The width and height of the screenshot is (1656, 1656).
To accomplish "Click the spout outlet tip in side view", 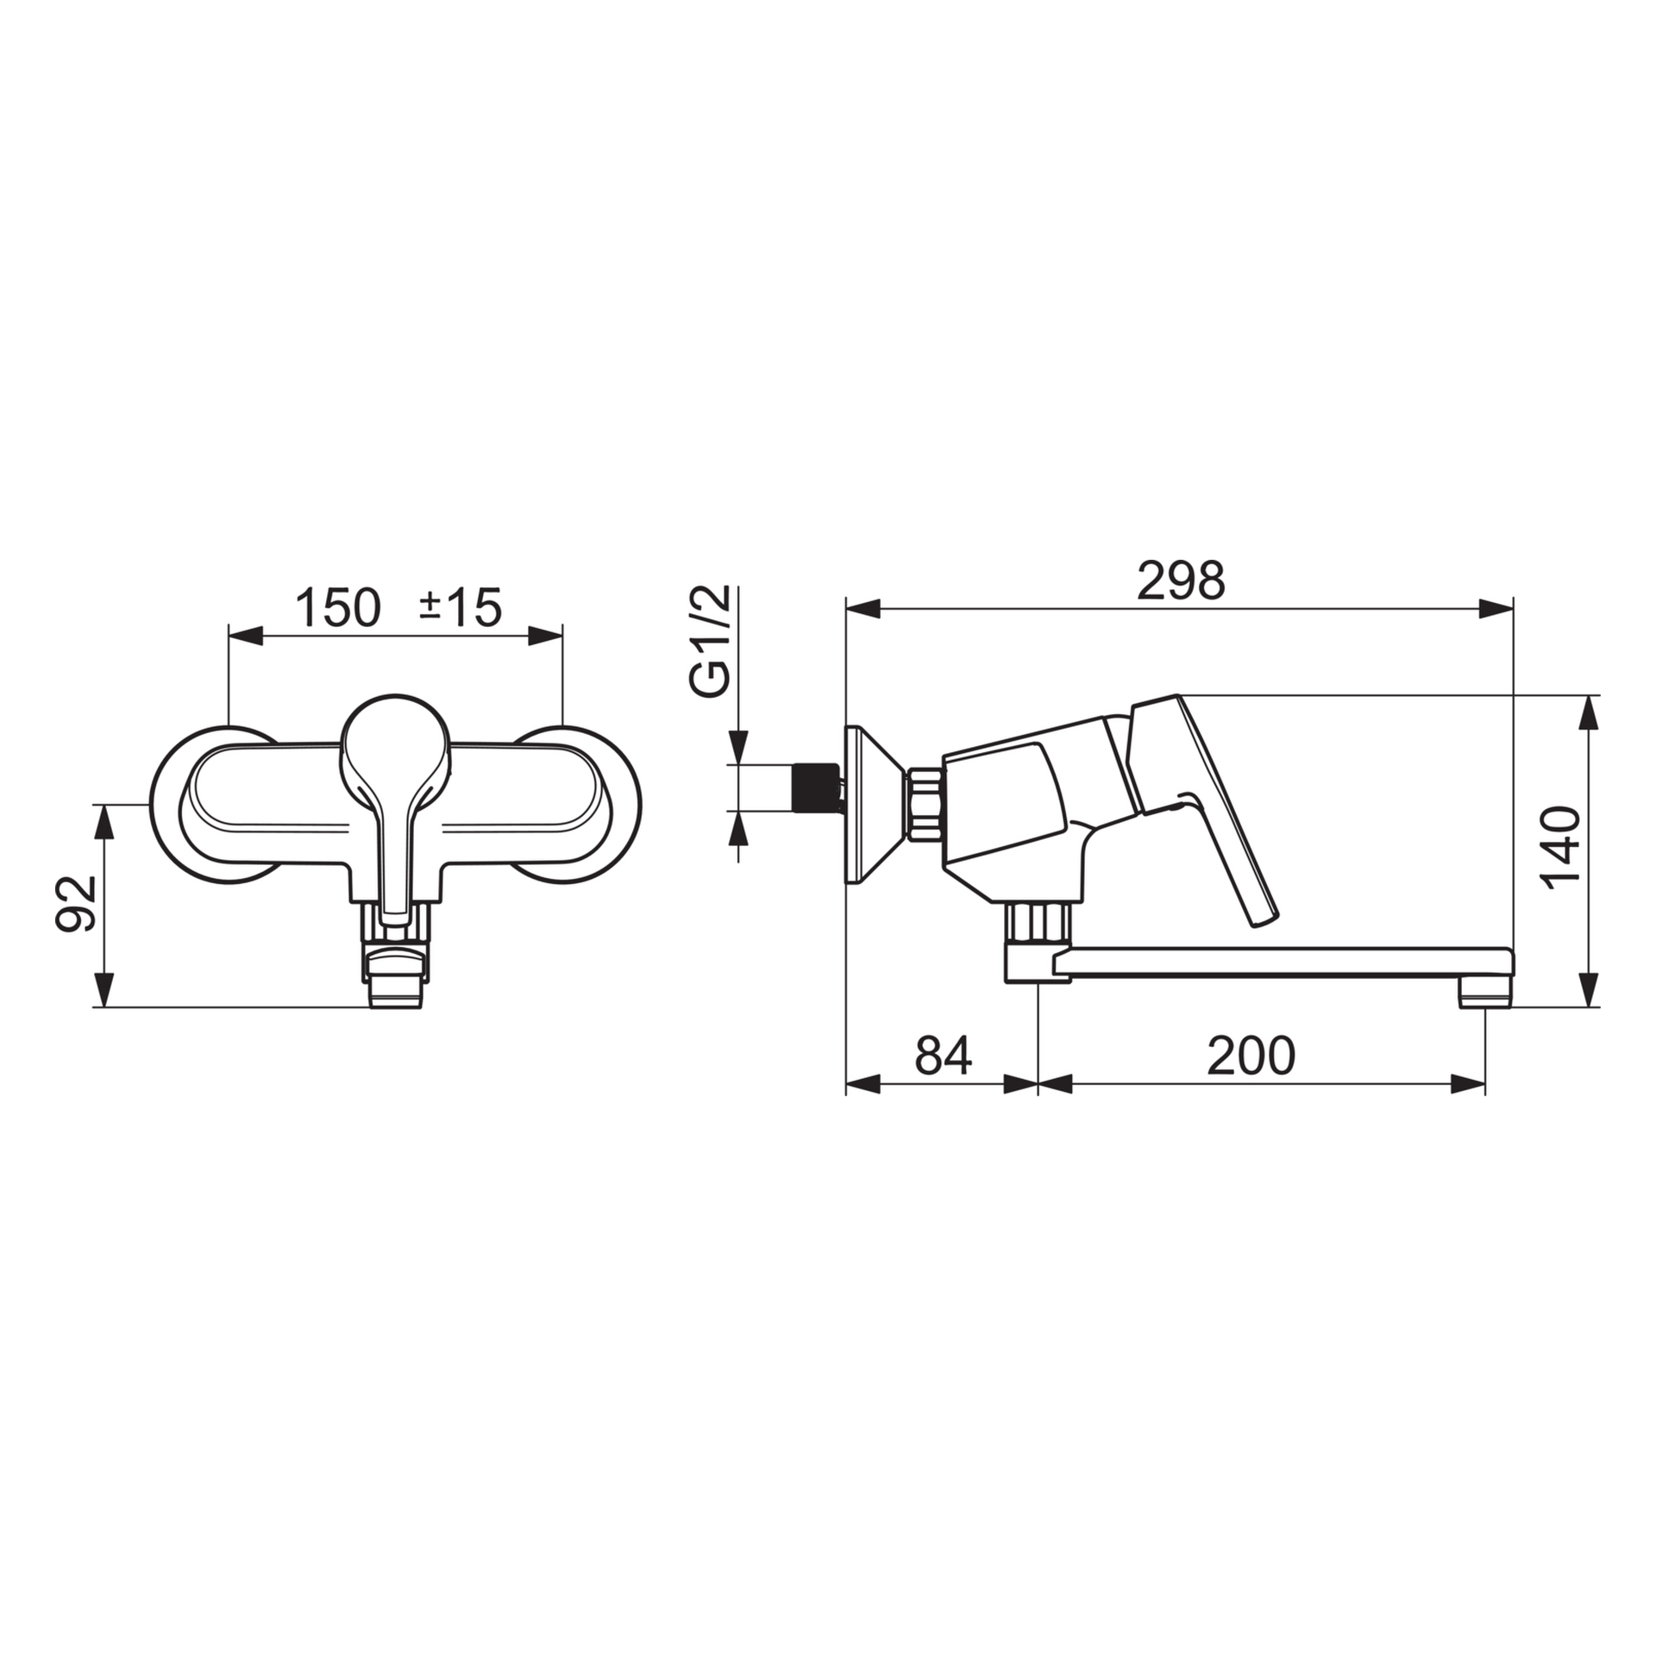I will click(x=1484, y=1001).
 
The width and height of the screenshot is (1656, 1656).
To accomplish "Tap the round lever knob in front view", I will click(x=395, y=742).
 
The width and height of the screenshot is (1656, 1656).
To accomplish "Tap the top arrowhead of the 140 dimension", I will click(x=1588, y=712).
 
